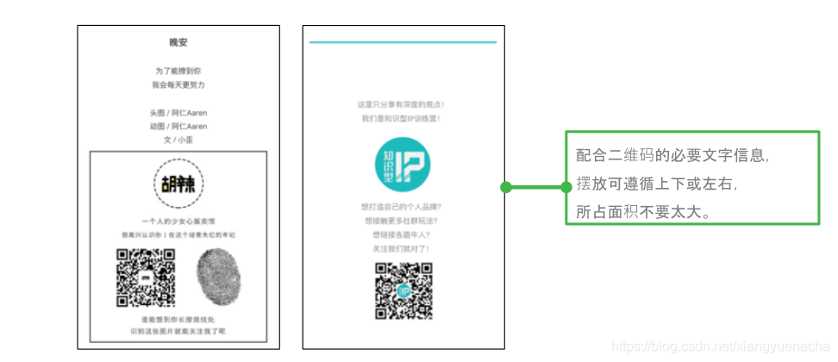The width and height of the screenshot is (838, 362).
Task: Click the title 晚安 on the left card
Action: point(178,42)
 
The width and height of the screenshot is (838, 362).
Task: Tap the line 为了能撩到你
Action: point(178,71)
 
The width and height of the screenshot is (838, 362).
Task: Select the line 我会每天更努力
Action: point(178,84)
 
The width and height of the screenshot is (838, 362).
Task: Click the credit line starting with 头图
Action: point(178,112)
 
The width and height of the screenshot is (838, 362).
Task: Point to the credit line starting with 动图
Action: point(178,126)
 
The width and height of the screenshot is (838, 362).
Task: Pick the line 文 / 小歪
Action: point(178,140)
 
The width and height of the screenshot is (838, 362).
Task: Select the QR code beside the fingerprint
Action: point(146,278)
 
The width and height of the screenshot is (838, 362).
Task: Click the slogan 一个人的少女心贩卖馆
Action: point(178,222)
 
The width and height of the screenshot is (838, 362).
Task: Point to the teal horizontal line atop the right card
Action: point(403,41)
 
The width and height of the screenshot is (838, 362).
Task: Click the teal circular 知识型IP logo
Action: point(403,165)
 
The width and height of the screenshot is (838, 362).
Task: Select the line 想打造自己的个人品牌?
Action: point(403,207)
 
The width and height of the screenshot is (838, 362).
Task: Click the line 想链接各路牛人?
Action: point(403,234)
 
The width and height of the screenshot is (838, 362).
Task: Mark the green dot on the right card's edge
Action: point(506,187)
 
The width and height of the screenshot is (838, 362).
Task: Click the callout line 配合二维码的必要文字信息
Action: point(672,156)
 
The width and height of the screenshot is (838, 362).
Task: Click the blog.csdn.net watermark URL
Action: point(719,346)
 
